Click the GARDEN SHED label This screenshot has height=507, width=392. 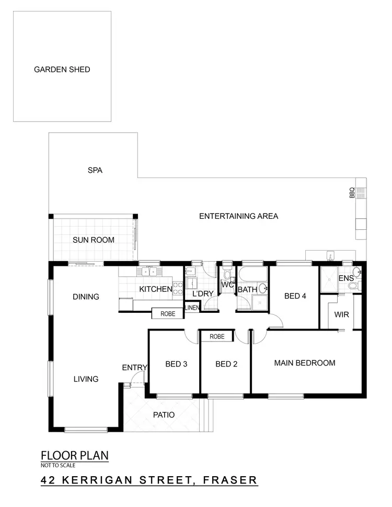coord(62,69)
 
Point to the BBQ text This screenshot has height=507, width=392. coord(352,193)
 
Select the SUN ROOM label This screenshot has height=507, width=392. coord(93,240)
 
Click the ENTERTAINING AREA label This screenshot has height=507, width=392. coord(238,216)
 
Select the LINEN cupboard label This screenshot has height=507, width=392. coord(192,308)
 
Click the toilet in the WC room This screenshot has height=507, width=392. coord(227,275)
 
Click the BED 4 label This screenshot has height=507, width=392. coord(295,296)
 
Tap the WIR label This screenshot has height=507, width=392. coord(342,315)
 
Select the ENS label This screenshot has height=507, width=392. coord(345,279)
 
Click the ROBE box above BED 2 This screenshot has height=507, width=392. coord(217,337)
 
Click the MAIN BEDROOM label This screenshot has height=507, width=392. coord(304,363)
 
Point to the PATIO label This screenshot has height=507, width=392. coord(164,415)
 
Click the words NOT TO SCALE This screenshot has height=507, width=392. coord(58,465)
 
